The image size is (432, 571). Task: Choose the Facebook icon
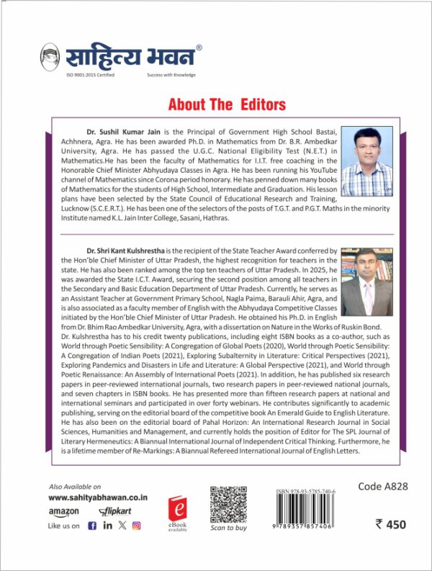[x=91, y=526]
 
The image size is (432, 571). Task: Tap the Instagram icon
[x=136, y=526]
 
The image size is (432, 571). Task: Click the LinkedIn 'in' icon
[x=107, y=526]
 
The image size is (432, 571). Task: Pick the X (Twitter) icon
[x=122, y=526]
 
